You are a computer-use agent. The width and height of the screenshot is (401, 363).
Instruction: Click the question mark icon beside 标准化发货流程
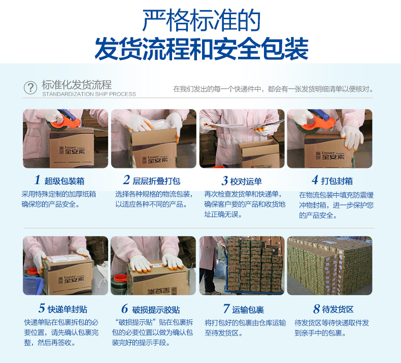(x=30, y=87)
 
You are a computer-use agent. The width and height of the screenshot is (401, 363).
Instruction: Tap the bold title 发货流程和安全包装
(x=201, y=49)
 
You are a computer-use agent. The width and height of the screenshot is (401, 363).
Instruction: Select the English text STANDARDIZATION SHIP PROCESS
(x=89, y=94)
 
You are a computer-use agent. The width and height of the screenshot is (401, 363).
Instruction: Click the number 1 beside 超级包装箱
(x=37, y=180)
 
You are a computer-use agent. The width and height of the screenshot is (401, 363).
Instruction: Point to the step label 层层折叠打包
(x=156, y=181)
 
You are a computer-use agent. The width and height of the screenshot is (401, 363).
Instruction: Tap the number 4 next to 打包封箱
(x=315, y=180)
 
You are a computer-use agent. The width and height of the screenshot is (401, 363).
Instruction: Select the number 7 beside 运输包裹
(x=226, y=309)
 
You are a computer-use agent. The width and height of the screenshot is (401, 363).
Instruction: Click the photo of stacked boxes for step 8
(x=329, y=266)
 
